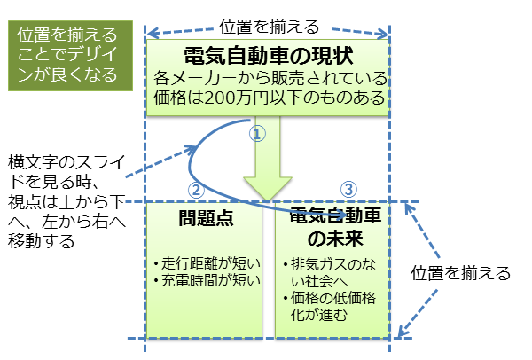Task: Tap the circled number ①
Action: [x=255, y=134]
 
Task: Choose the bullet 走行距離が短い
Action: [x=206, y=263]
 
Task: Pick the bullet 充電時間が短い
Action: [x=206, y=282]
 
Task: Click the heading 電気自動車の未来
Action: [x=331, y=227]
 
